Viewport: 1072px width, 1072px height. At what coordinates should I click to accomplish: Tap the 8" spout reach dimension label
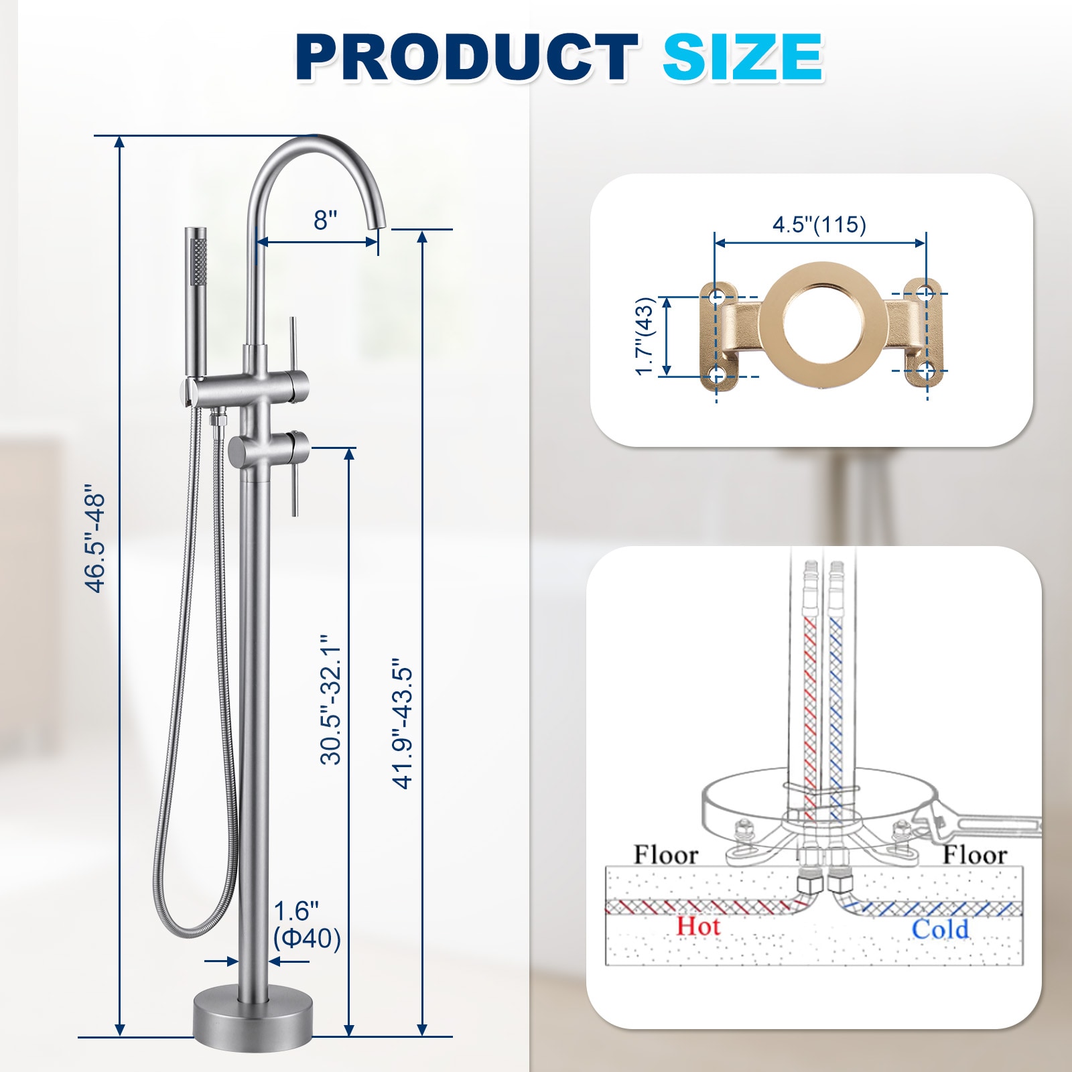(x=326, y=219)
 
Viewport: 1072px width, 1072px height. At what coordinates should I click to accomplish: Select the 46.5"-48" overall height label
(x=96, y=543)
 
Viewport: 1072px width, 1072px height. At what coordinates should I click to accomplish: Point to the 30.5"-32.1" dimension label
(x=331, y=700)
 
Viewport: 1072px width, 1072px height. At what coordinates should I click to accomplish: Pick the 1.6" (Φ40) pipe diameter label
(x=306, y=925)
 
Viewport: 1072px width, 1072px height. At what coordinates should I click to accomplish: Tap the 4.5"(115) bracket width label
(x=819, y=224)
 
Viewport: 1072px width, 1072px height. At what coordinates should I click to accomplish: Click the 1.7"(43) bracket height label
(x=644, y=336)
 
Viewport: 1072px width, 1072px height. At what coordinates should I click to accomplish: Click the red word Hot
(x=698, y=927)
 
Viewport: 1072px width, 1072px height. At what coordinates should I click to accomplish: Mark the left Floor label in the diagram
(x=666, y=855)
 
